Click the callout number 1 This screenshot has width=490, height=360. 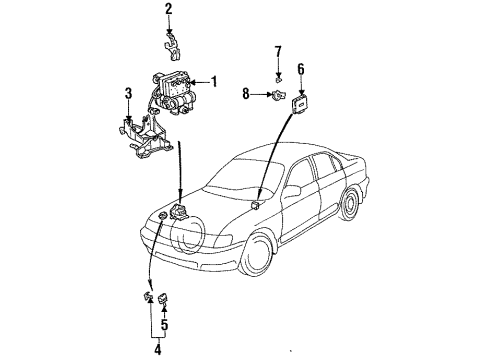point(213,82)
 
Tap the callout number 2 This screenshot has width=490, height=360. point(169,10)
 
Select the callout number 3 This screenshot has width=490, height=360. point(128,95)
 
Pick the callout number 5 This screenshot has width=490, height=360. point(164,324)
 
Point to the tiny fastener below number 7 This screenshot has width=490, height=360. point(280,73)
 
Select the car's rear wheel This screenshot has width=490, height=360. point(351,206)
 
